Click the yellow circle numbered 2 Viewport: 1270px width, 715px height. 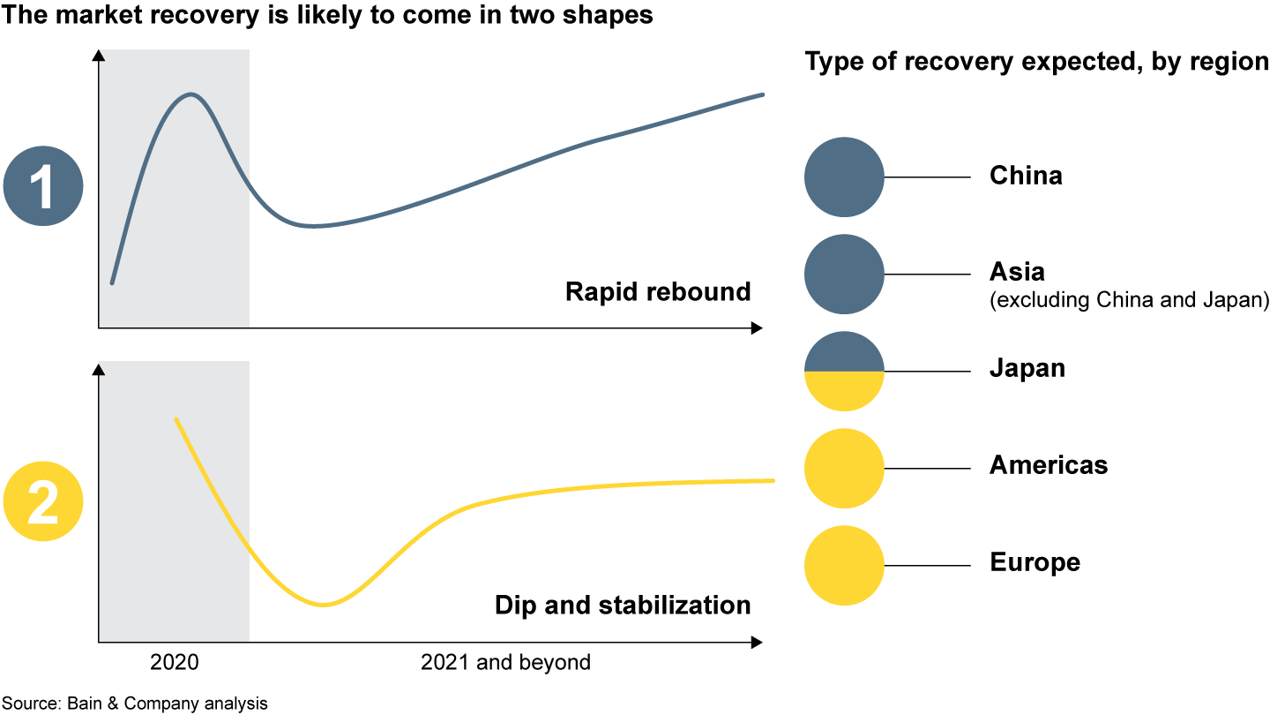43,501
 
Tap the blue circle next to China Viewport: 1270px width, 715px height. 844,177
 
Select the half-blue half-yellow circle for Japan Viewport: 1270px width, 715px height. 844,372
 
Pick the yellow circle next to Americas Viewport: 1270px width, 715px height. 844,469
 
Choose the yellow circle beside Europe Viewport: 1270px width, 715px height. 844,566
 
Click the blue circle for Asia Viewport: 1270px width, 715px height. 844,275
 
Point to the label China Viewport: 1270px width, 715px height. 1026,176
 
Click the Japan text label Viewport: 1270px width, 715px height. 1027,368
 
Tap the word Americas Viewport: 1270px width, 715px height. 1049,465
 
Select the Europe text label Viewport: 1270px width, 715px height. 1035,562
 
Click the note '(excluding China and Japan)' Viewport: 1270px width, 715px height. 1129,301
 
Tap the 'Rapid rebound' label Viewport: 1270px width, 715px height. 658,291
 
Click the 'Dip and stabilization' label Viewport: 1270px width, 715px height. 623,606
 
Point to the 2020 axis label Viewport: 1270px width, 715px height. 175,663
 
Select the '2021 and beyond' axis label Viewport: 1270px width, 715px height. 505,663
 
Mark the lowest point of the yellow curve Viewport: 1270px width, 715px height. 324,605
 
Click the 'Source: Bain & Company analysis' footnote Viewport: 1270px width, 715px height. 134,704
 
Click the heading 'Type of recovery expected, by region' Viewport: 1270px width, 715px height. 1036,62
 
